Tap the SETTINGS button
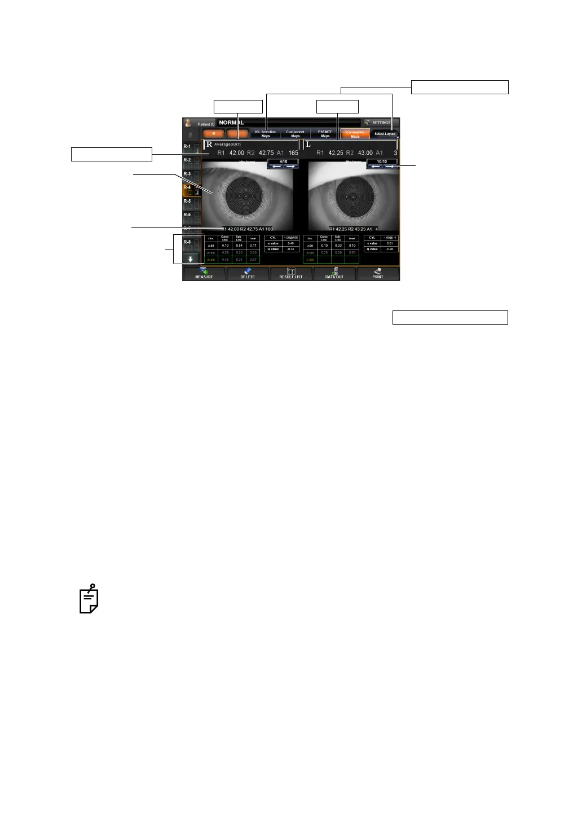(x=380, y=122)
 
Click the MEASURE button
(x=204, y=274)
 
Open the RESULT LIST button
(x=291, y=274)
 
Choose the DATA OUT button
(x=334, y=274)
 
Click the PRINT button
(x=378, y=274)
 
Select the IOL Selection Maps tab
(x=266, y=134)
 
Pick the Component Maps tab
(x=295, y=134)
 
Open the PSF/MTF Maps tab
(x=325, y=134)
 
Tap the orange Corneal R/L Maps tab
(x=355, y=134)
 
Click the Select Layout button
(x=385, y=134)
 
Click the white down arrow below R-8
(x=191, y=259)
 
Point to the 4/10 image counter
(x=283, y=161)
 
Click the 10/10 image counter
(x=382, y=161)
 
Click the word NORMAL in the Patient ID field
(x=231, y=122)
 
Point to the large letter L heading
(x=308, y=145)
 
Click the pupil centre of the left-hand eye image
(x=244, y=196)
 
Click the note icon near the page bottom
(x=89, y=599)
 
